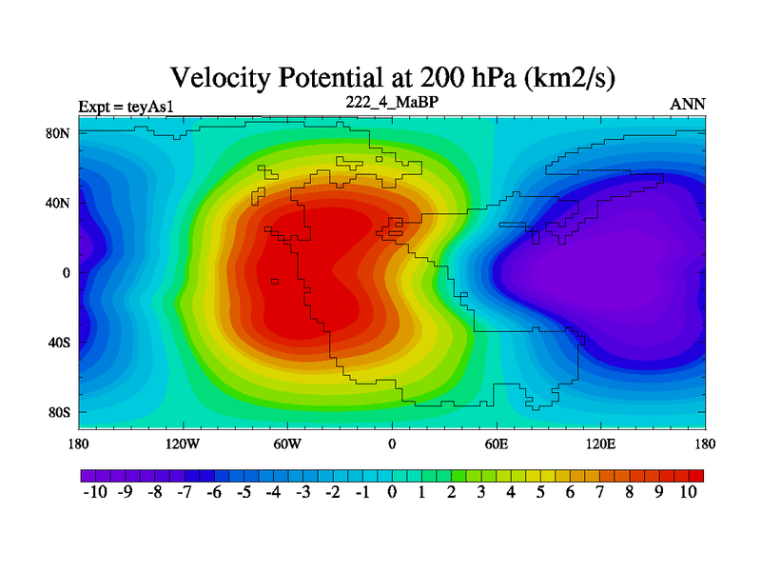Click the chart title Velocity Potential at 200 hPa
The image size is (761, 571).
[x=391, y=78]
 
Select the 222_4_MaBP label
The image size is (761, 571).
[x=391, y=102]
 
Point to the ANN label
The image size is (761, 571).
[x=688, y=104]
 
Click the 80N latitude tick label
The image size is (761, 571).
[x=58, y=133]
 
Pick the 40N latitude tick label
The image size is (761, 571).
[x=58, y=203]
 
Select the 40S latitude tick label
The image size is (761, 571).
[x=59, y=343]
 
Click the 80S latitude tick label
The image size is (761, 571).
[x=59, y=412]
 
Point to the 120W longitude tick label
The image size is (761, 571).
[x=183, y=443]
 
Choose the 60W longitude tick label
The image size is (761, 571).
[x=287, y=443]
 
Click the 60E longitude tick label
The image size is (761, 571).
[x=497, y=443]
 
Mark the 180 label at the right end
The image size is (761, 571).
[x=705, y=443]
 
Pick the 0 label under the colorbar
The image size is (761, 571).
[x=392, y=492]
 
